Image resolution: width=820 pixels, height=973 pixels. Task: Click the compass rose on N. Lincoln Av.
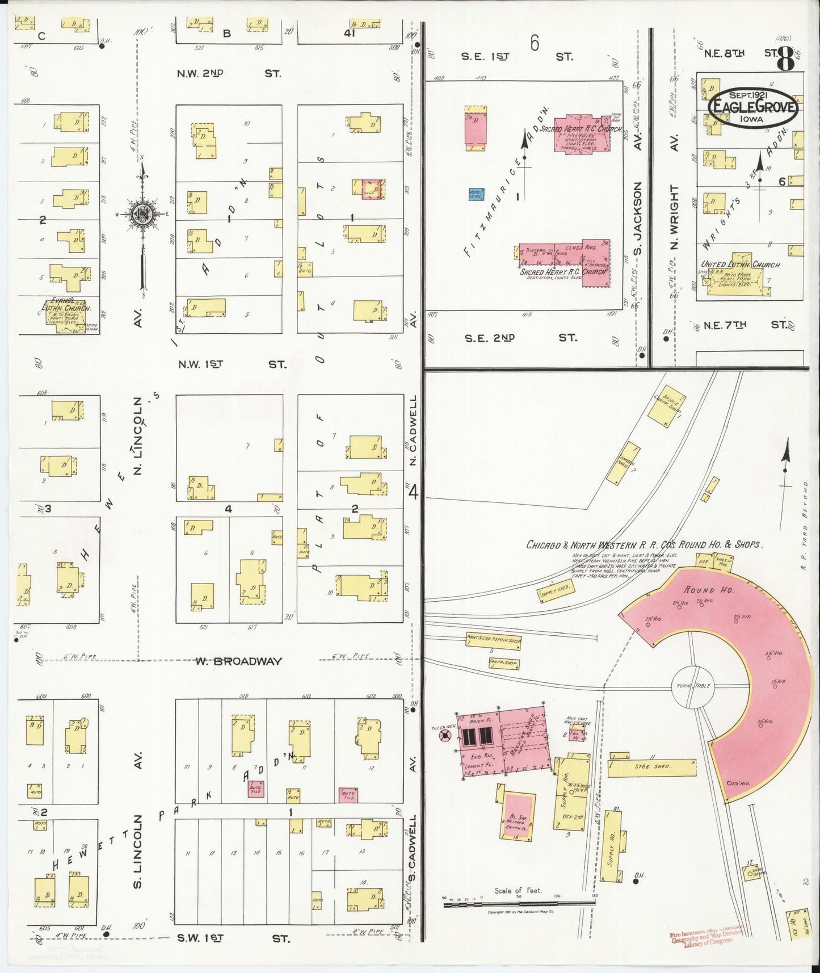point(141,215)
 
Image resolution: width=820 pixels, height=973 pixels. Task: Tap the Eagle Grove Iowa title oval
point(752,107)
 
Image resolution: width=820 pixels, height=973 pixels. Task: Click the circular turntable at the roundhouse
point(693,686)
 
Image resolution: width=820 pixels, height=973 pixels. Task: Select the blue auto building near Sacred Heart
point(476,194)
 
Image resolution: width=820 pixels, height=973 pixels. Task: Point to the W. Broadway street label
point(239,661)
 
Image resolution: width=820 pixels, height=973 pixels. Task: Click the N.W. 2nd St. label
point(229,73)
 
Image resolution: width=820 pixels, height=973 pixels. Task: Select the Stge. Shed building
point(653,767)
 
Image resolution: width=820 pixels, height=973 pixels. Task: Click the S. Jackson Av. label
point(638,219)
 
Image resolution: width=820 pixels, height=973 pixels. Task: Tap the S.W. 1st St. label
point(233,938)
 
